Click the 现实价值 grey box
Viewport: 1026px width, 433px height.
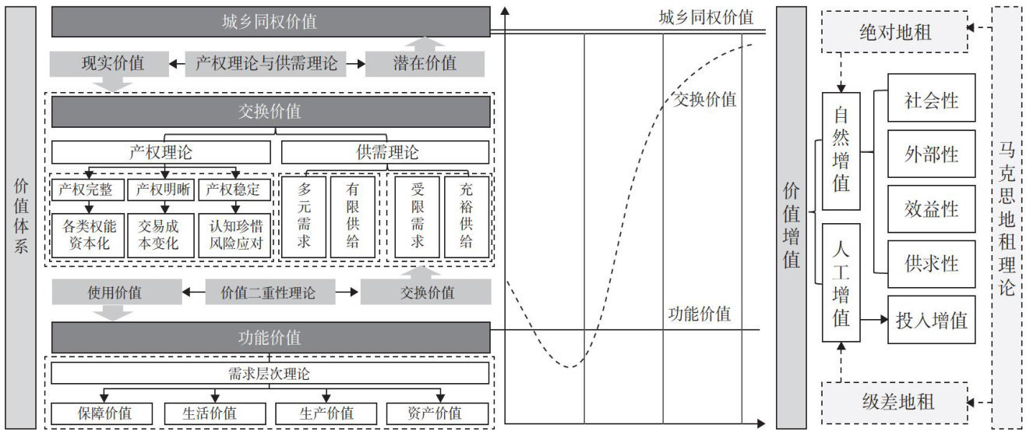[x=110, y=63]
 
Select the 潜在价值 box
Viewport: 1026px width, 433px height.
[x=425, y=63]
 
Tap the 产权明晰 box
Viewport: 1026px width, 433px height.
[x=163, y=190]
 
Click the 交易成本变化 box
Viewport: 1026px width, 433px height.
[x=159, y=235]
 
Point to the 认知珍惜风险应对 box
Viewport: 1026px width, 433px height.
[x=234, y=235]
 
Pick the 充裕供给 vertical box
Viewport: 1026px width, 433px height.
[x=466, y=217]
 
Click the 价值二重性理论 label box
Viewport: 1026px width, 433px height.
[x=270, y=293]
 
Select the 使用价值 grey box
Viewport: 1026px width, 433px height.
[x=110, y=293]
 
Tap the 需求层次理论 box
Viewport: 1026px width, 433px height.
[x=270, y=374]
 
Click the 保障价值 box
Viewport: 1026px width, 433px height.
[x=104, y=413]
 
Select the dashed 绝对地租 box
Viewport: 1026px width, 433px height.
[x=895, y=32]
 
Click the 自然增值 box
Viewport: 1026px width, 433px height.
[x=841, y=151]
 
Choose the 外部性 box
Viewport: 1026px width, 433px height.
[x=931, y=154]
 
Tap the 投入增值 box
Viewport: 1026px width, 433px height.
[x=931, y=319]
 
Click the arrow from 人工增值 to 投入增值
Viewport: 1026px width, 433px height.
[x=874, y=319]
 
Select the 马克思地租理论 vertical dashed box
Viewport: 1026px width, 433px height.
[x=1007, y=217]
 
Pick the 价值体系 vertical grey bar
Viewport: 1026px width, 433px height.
[x=21, y=217]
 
